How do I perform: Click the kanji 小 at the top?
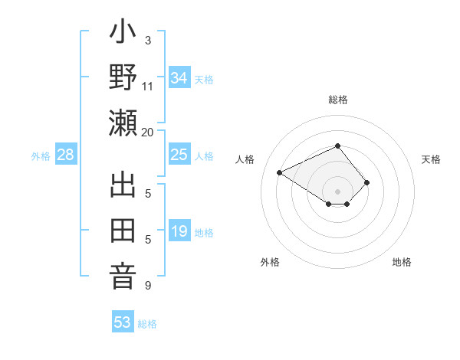tap(123, 35)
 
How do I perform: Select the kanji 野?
tap(123, 79)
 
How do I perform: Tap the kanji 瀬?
tap(123, 123)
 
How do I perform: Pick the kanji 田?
tap(123, 231)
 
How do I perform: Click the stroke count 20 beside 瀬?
tap(147, 132)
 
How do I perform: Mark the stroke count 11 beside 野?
tap(147, 87)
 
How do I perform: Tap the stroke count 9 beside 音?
tap(147, 286)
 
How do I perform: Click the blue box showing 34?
tap(179, 77)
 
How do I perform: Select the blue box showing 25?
tap(179, 155)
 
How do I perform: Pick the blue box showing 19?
tap(179, 231)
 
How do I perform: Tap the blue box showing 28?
tap(66, 155)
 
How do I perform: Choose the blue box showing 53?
tap(122, 322)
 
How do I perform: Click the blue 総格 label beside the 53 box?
tap(147, 324)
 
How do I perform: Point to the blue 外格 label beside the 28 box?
tap(41, 156)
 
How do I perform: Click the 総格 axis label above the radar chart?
tap(338, 100)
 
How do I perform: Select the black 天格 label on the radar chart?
tap(431, 159)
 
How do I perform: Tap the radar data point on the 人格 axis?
tap(280, 172)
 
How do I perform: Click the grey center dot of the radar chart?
tap(338, 190)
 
